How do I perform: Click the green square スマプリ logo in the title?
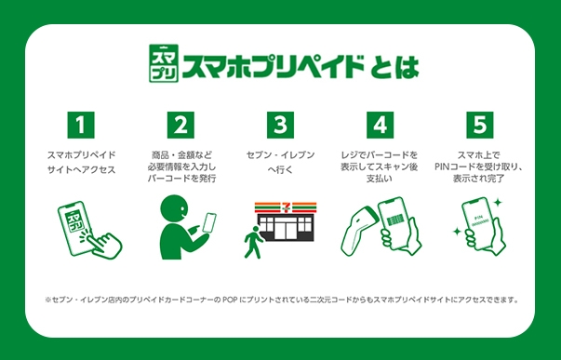coord(164,63)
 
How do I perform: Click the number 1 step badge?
coord(81,125)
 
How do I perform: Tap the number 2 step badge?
coord(180,125)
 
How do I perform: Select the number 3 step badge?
coord(281,125)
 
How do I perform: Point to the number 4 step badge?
coord(380,125)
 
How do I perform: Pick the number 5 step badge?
coord(480,125)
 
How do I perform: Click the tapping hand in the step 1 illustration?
coord(104,244)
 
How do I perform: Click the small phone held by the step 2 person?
coord(209,222)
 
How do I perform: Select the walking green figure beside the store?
coord(253,242)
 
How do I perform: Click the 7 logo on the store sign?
coord(286,207)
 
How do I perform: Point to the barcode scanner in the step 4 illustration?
coord(358,230)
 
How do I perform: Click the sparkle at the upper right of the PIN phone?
coord(498,203)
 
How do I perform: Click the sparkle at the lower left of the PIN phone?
coord(457,232)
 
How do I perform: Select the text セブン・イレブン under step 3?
coord(281,155)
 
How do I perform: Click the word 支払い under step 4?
coord(380,179)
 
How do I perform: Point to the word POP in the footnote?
coord(230,300)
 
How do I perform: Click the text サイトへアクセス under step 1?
coord(81,169)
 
